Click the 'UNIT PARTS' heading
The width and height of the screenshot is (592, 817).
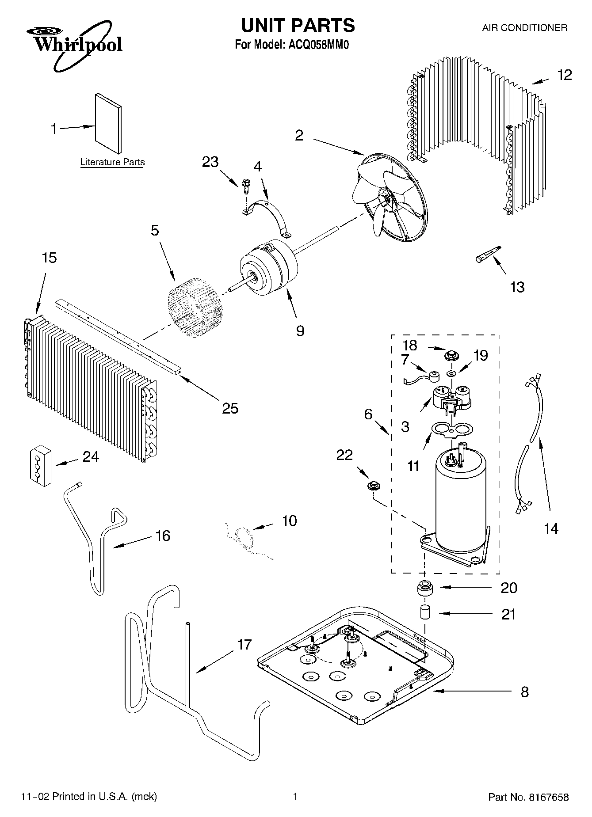tap(298, 25)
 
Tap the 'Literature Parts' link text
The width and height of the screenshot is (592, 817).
tap(112, 162)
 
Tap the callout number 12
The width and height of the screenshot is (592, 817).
tap(564, 75)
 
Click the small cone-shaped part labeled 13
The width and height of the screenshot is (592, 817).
tap(488, 255)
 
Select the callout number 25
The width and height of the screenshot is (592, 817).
tap(230, 408)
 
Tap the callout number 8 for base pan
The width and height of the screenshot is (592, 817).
tap(524, 692)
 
